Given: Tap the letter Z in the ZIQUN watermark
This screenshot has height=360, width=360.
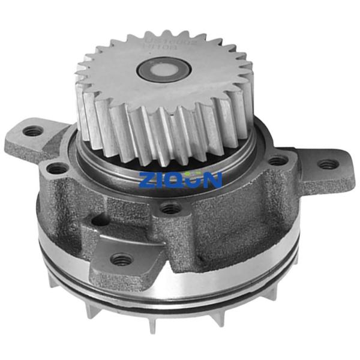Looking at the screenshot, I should (147, 179).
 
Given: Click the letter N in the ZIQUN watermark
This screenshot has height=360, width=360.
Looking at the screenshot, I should (213, 179).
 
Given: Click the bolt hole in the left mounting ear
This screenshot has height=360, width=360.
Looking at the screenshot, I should (33, 131).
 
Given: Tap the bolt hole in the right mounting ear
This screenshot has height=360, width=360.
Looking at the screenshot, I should (326, 164).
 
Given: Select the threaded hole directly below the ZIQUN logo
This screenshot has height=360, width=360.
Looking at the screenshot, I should (171, 208).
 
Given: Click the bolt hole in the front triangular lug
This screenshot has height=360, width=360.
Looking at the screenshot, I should (122, 259).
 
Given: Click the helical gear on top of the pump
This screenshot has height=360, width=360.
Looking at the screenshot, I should (165, 96).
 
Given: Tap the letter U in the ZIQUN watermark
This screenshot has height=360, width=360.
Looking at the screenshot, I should (195, 179).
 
